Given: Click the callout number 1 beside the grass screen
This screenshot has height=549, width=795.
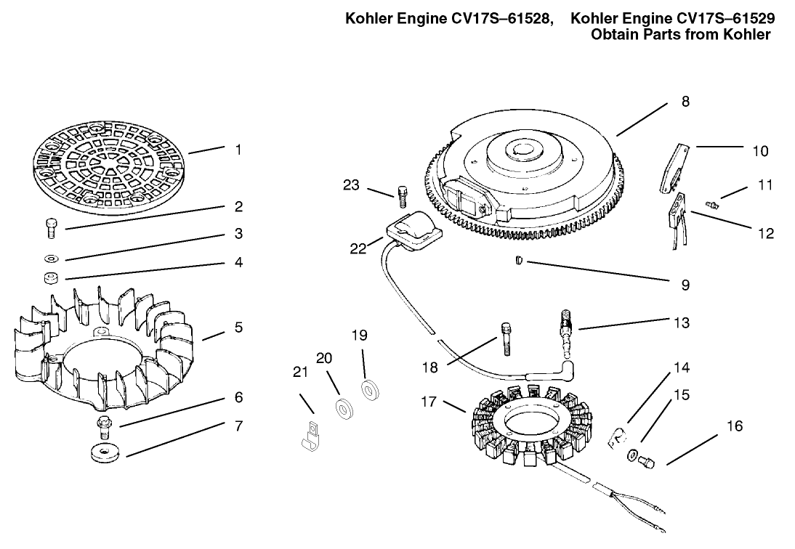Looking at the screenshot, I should coord(238,150).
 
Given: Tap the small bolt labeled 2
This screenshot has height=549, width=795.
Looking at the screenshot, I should coord(51,228).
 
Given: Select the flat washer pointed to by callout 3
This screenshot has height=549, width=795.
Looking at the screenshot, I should coord(52,258).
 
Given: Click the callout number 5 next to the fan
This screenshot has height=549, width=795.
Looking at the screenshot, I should coord(238,328).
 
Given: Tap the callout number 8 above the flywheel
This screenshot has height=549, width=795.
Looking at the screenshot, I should coord(685,102).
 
